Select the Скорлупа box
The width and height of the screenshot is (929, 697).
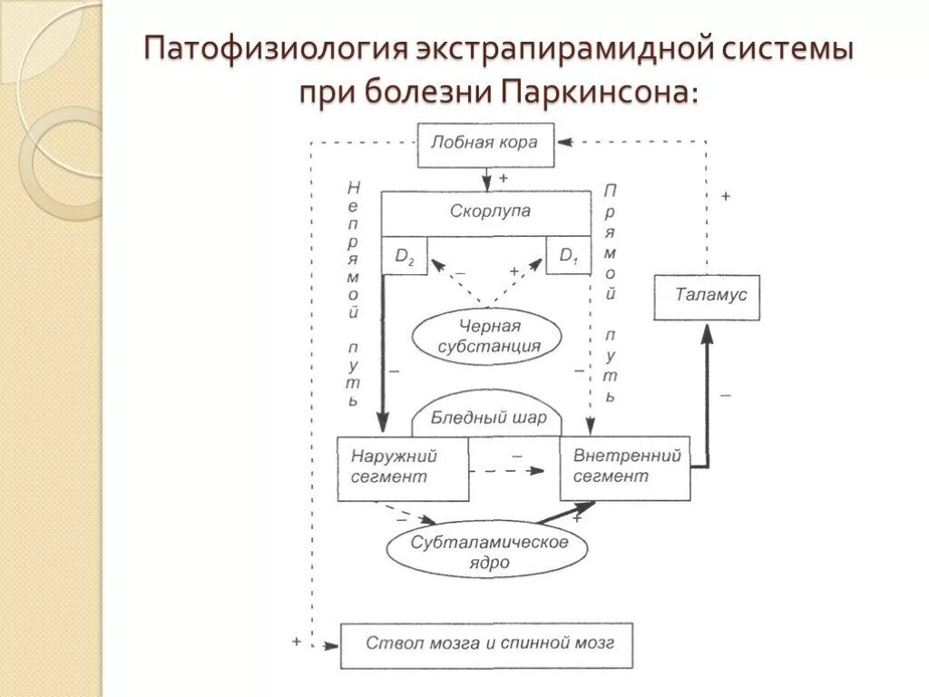point(490,212)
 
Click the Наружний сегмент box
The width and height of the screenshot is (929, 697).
point(403,468)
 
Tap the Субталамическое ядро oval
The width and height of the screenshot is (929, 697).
point(488,552)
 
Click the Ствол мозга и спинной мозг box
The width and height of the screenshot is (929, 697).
point(486,644)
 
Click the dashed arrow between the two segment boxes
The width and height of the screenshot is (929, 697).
point(508,470)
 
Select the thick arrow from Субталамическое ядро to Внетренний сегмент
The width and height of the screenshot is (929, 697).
point(563,514)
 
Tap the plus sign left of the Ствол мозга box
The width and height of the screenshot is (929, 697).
point(297,641)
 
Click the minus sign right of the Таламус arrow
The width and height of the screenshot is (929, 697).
point(726,395)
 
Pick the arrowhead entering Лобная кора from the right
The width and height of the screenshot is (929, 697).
point(565,142)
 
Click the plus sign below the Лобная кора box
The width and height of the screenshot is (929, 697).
point(504,179)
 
